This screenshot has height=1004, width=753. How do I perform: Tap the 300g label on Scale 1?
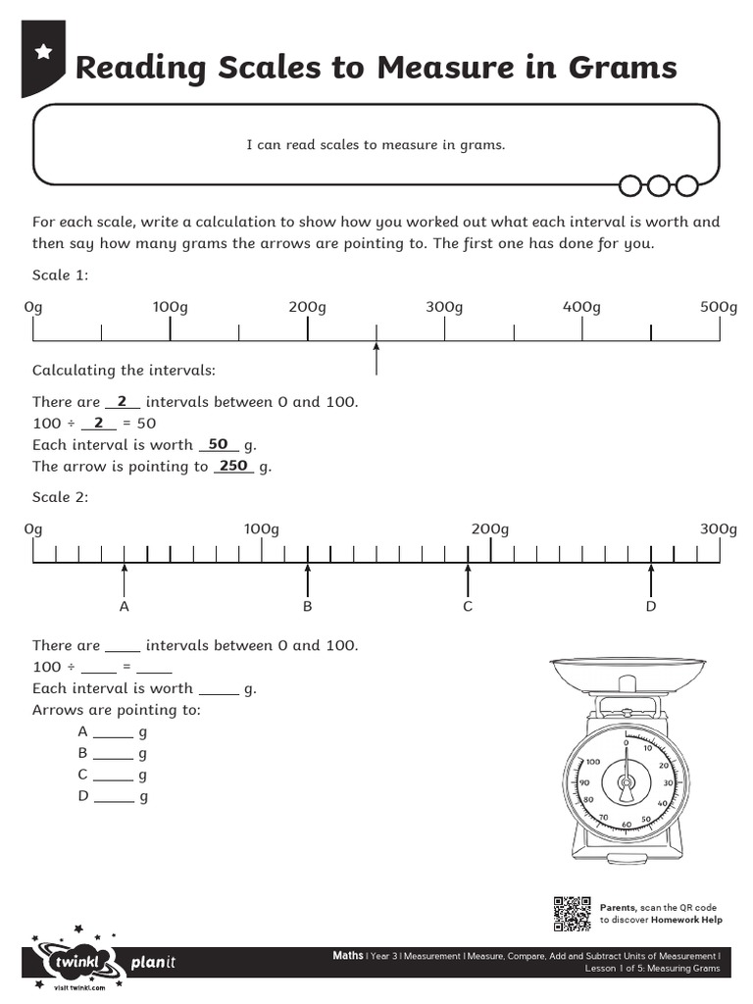[x=443, y=308]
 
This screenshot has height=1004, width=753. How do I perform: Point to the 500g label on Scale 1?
[x=719, y=308]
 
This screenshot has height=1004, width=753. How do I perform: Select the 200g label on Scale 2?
[x=489, y=529]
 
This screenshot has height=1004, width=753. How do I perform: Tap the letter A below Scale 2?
[x=125, y=607]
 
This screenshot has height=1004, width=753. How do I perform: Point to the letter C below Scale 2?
[x=468, y=607]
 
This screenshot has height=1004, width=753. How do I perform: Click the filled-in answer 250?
[x=233, y=466]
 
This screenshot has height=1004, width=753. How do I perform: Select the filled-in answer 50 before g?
[x=218, y=444]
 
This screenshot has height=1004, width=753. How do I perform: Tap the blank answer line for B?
[x=114, y=756]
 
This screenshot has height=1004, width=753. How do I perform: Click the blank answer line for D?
[x=114, y=799]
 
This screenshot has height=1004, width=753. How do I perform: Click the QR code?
[x=572, y=914]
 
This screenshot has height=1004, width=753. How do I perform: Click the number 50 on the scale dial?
[x=645, y=819]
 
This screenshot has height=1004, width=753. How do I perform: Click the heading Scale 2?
[x=61, y=497]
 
